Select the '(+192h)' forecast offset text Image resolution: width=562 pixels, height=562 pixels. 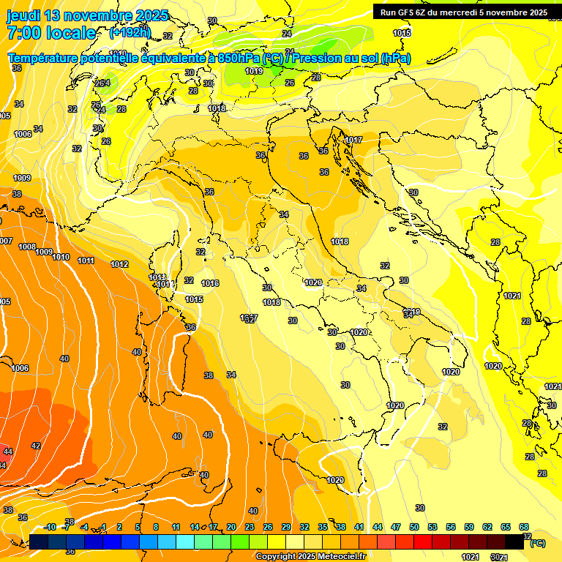(x=130, y=32)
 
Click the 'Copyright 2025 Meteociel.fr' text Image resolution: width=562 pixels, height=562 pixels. (x=310, y=556)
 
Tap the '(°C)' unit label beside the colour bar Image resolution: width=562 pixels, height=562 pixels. (x=537, y=544)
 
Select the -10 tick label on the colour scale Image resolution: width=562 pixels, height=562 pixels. (x=50, y=527)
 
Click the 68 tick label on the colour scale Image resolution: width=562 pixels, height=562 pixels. (x=524, y=527)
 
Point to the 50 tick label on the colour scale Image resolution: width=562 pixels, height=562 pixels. (x=413, y=527)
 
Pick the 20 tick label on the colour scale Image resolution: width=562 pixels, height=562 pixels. (x=231, y=527)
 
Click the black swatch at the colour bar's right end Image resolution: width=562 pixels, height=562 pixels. (x=514, y=542)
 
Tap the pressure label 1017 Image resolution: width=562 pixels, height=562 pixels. (x=353, y=140)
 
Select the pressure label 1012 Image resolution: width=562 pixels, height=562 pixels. (x=119, y=264)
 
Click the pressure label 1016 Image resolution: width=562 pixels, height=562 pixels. (x=210, y=283)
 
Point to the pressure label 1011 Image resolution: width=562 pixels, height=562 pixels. (x=86, y=261)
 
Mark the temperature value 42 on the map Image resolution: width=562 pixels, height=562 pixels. (x=36, y=445)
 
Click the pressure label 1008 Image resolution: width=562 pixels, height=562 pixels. (x=27, y=247)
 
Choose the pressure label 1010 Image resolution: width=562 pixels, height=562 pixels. (x=61, y=257)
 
